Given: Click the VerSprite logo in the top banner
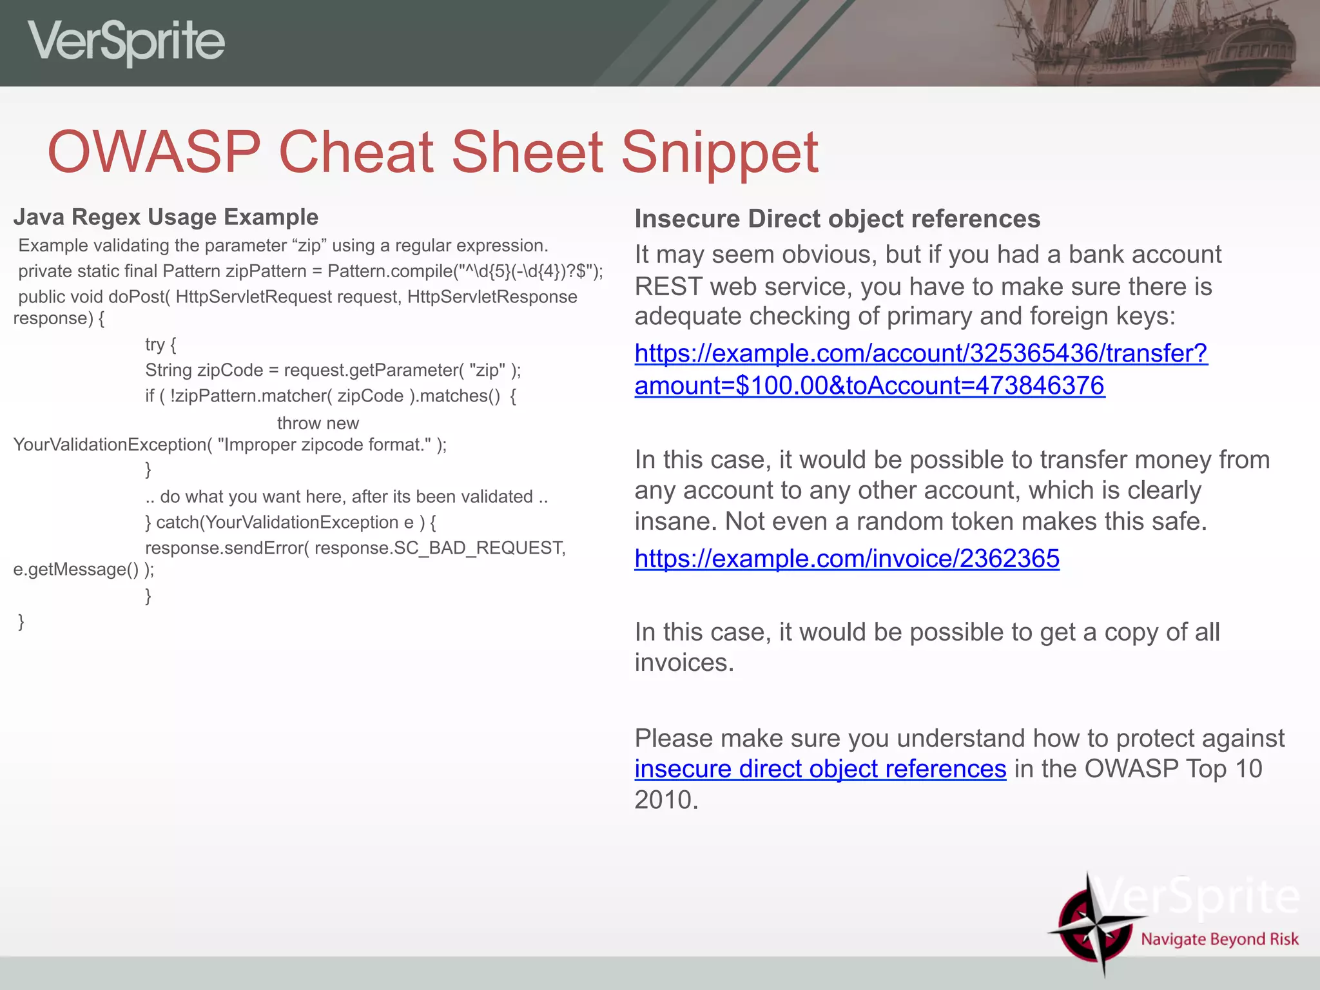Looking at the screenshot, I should coord(126,42).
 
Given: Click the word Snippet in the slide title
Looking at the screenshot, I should coord(719,153).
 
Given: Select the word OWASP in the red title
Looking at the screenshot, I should coord(154,153).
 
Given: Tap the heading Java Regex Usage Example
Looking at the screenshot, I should coord(166,217).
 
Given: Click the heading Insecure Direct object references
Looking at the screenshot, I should coord(837,219).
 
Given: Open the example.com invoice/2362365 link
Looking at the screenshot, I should coord(846,558).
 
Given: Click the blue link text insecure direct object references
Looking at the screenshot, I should coord(820,769).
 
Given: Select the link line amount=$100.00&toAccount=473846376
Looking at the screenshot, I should coord(869,385).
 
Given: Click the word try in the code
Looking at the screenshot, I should coord(155,345).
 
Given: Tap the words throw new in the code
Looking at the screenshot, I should coord(318,423).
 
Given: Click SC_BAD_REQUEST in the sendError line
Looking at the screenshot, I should coord(479,548).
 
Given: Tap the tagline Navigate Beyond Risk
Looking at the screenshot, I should coord(1219,939).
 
